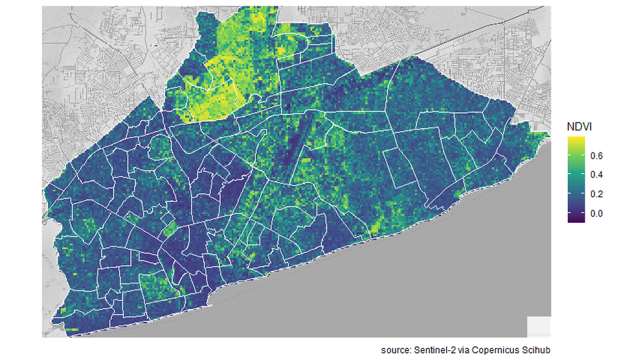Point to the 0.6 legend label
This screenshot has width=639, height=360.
pyautogui.click(x=597, y=155)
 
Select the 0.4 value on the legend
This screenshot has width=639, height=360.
pyautogui.click(x=597, y=175)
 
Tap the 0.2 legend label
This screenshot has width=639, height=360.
pyautogui.click(x=597, y=194)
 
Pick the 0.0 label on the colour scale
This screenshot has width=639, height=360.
pyautogui.click(x=597, y=214)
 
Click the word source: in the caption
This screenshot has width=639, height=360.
pyautogui.click(x=398, y=348)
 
